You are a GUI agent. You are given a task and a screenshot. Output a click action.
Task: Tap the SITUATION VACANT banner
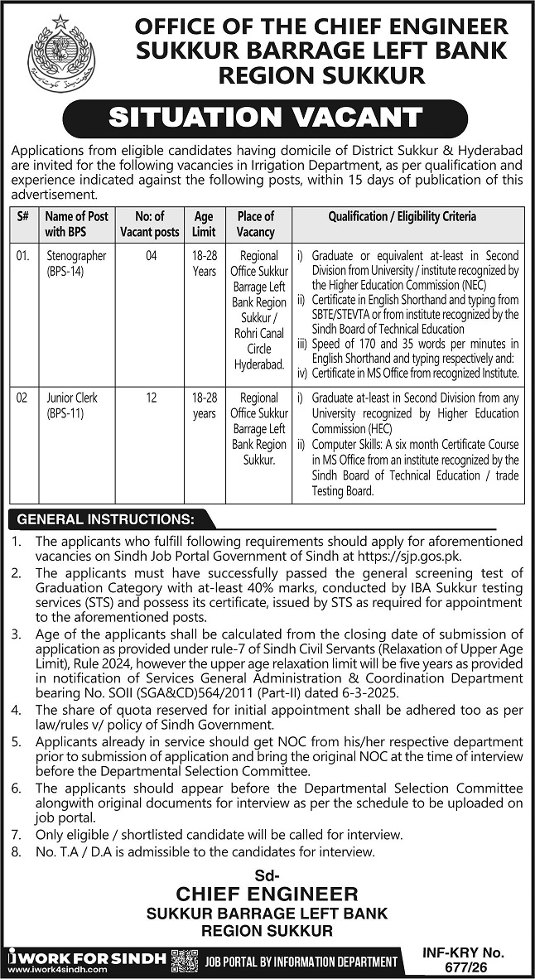pos(267,117)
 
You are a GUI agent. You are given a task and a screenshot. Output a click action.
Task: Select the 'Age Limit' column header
pos(204,224)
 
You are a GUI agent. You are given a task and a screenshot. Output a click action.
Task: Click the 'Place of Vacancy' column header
pos(255,224)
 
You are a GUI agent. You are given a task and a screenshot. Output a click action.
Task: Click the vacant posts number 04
pos(150,257)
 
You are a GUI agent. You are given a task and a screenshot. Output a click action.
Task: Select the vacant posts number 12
pos(150,398)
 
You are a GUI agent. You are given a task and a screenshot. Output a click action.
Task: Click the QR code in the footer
pos(184,960)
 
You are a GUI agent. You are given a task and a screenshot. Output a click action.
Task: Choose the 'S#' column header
pos(22,217)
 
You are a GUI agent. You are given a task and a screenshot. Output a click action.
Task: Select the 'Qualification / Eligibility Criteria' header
pos(402,217)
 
